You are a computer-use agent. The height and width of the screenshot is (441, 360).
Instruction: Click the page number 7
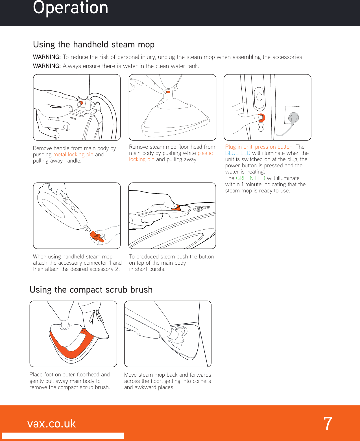tap(328, 424)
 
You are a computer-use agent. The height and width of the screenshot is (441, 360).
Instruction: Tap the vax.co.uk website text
tap(52, 424)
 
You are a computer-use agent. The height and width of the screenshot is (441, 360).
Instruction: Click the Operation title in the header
tap(71, 8)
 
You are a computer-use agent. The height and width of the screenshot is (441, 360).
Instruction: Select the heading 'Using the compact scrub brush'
tap(91, 290)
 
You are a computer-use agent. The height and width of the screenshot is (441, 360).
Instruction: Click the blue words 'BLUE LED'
tap(237, 153)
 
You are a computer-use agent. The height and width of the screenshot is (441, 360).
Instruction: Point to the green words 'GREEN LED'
tap(250, 178)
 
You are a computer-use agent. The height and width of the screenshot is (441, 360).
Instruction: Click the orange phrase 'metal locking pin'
tap(73, 155)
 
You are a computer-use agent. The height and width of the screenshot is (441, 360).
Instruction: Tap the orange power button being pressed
tap(261, 117)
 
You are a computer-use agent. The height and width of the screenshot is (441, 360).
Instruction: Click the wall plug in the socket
tap(294, 118)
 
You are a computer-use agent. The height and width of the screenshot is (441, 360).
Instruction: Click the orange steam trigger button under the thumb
tap(176, 208)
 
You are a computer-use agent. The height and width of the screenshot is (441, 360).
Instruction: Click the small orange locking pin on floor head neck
tap(168, 92)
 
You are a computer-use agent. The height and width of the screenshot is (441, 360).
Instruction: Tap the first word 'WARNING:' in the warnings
tap(47, 57)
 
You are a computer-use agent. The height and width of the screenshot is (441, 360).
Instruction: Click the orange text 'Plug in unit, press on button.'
tap(259, 147)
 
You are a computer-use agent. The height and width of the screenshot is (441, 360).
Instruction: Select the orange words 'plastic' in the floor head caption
tap(205, 153)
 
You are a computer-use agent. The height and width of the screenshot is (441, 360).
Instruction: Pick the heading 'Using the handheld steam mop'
tap(94, 45)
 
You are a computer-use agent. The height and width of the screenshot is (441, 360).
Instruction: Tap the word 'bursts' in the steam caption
tap(157, 269)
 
